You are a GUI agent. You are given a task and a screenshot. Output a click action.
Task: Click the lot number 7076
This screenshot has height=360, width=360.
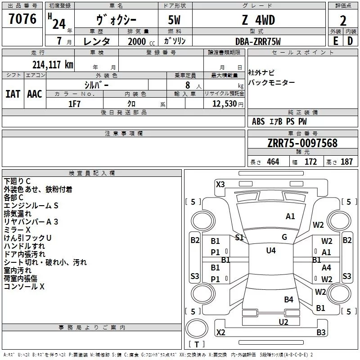tap(22, 19)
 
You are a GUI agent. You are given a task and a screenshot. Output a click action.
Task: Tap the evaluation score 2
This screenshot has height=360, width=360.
tap(343, 21)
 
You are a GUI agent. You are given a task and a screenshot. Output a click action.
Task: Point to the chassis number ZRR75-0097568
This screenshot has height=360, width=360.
tap(302, 143)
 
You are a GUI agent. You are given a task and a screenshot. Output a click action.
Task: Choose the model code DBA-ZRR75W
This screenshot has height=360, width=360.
tap(258, 41)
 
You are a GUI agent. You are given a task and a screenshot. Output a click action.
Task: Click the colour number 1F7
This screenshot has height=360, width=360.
tap(74, 103)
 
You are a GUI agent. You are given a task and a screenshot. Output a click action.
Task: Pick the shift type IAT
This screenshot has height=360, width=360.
tap(13, 94)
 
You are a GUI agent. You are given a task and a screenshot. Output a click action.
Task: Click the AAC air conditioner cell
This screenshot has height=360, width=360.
tap(35, 94)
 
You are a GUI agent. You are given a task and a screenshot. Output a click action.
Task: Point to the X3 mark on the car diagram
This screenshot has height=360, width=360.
tap(220, 184)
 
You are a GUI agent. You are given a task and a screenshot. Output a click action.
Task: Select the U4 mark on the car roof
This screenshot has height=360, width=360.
tap(270, 251)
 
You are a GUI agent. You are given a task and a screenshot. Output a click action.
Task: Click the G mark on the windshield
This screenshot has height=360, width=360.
tap(284, 237)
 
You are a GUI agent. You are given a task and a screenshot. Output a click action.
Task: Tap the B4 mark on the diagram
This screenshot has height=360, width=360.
tap(288, 299)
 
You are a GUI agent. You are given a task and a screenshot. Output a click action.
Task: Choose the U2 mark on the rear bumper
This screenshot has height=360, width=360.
tap(283, 322)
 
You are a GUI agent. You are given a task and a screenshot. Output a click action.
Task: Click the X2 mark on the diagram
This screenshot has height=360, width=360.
tap(220, 333)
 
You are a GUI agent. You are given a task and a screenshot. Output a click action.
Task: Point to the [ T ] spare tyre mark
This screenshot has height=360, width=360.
tap(197, 344)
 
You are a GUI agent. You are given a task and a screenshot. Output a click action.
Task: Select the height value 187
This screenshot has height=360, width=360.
tap(346, 162)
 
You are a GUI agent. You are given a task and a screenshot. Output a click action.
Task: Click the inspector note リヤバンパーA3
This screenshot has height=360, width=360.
tap(31, 221)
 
